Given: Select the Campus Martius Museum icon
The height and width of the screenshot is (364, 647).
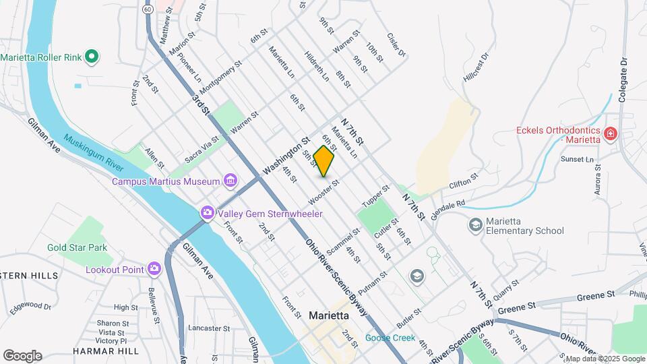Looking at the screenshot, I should tap(230, 181).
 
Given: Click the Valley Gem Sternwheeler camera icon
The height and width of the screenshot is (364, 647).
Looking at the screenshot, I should tap(207, 213).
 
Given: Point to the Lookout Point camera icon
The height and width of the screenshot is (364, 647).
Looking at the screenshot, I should tap(154, 269).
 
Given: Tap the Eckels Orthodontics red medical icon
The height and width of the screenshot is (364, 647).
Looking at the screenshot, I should tap(611, 134).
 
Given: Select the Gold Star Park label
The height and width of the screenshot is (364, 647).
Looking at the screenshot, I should tap(77, 247).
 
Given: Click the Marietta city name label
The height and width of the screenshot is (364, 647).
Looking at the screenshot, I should tap(328, 315).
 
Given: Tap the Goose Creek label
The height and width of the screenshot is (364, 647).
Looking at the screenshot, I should tap(390, 338).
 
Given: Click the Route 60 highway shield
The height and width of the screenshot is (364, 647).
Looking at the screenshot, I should tap(148, 10).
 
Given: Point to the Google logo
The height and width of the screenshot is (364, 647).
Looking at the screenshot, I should tap(22, 355).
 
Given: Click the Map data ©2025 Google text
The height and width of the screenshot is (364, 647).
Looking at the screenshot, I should tap(605, 359).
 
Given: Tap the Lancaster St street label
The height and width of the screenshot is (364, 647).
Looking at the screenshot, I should tap(210, 328).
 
